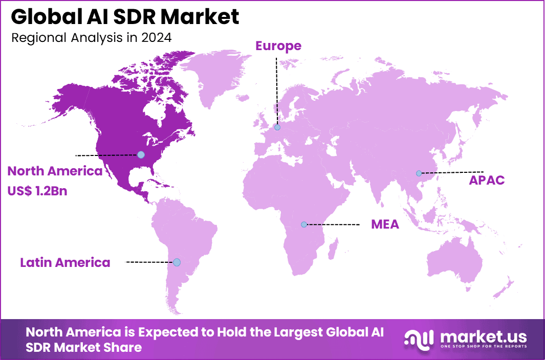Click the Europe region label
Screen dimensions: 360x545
(x=278, y=46)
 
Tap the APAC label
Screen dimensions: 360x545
(x=487, y=181)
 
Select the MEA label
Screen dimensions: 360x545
(x=385, y=224)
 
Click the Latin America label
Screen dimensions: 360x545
(x=65, y=263)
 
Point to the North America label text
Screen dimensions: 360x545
(x=55, y=171)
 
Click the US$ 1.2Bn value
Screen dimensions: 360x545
(x=37, y=191)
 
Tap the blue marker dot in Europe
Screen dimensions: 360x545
(x=277, y=127)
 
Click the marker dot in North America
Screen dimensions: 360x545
(x=141, y=154)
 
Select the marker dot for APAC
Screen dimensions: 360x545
(x=419, y=173)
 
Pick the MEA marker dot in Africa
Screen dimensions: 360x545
(x=304, y=224)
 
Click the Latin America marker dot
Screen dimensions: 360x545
(x=177, y=262)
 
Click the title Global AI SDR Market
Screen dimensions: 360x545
(x=125, y=17)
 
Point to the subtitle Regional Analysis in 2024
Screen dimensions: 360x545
(x=91, y=38)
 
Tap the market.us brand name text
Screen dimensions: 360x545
(x=482, y=336)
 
